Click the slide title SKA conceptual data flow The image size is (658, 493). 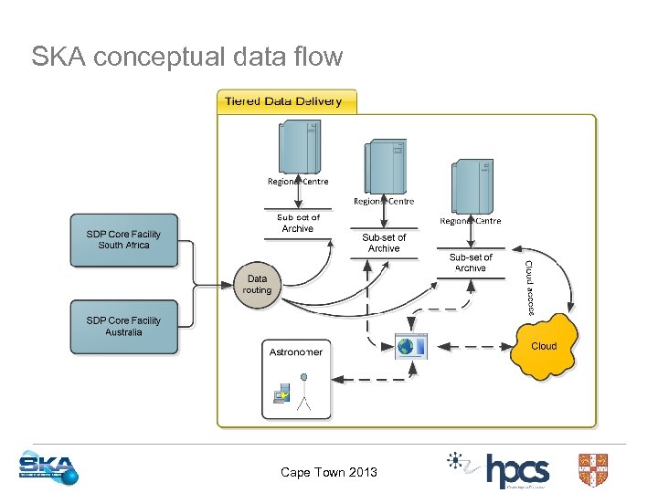point(187,58)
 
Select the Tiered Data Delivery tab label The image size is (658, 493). point(283,101)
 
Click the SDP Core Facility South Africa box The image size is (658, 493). point(123,240)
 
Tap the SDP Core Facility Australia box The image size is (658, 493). point(123,327)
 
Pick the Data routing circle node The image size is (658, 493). point(258,285)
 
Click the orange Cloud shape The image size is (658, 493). point(543,347)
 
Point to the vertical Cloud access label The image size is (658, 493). point(528,288)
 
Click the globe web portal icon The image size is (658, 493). point(410,347)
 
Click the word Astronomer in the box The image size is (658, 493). point(295,351)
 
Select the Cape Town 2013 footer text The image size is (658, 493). point(328,472)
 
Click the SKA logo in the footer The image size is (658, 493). point(49,467)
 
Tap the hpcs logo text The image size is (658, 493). point(517,471)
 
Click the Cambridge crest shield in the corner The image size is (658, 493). point(593,470)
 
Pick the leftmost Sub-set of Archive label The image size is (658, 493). point(298,223)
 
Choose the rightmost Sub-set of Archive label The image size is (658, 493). point(471,263)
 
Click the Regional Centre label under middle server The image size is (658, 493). point(384,202)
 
